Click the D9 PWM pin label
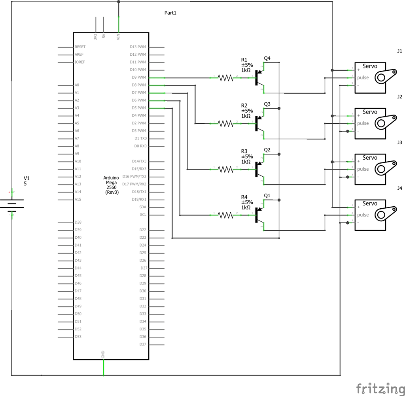click(x=138, y=77)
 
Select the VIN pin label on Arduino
click(x=118, y=37)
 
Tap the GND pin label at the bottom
click(x=103, y=354)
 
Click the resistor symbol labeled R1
click(x=226, y=78)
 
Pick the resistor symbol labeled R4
click(x=226, y=215)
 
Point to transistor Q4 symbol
click(x=259, y=78)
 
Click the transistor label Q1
click(x=267, y=196)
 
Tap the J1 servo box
click(x=370, y=77)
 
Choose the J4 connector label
click(x=399, y=188)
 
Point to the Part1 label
click(x=170, y=13)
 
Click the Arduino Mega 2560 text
click(x=112, y=185)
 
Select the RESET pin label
click(x=80, y=47)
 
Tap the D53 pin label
click(x=78, y=337)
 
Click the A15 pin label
click(x=78, y=200)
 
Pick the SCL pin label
click(x=143, y=215)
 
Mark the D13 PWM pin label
click(x=138, y=47)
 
